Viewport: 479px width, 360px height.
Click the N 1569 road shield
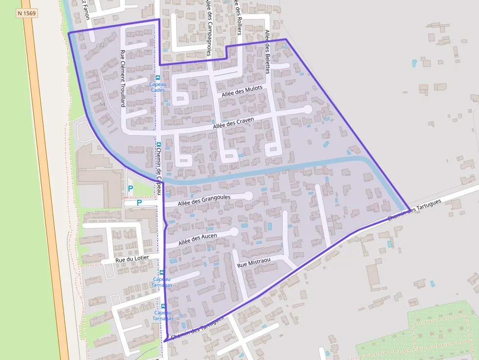point(26,14)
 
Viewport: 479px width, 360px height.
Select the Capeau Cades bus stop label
point(157,87)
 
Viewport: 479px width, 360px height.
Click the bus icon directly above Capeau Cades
point(157,77)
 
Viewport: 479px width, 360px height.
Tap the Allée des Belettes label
point(267,51)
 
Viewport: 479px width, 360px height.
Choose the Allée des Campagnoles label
point(208,27)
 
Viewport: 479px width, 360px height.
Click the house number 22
point(102,45)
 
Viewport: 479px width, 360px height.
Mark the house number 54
point(102,105)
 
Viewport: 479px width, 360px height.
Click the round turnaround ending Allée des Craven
point(307,109)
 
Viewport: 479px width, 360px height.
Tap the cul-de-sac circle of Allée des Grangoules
point(248,196)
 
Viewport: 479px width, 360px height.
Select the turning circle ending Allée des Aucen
point(234,232)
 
